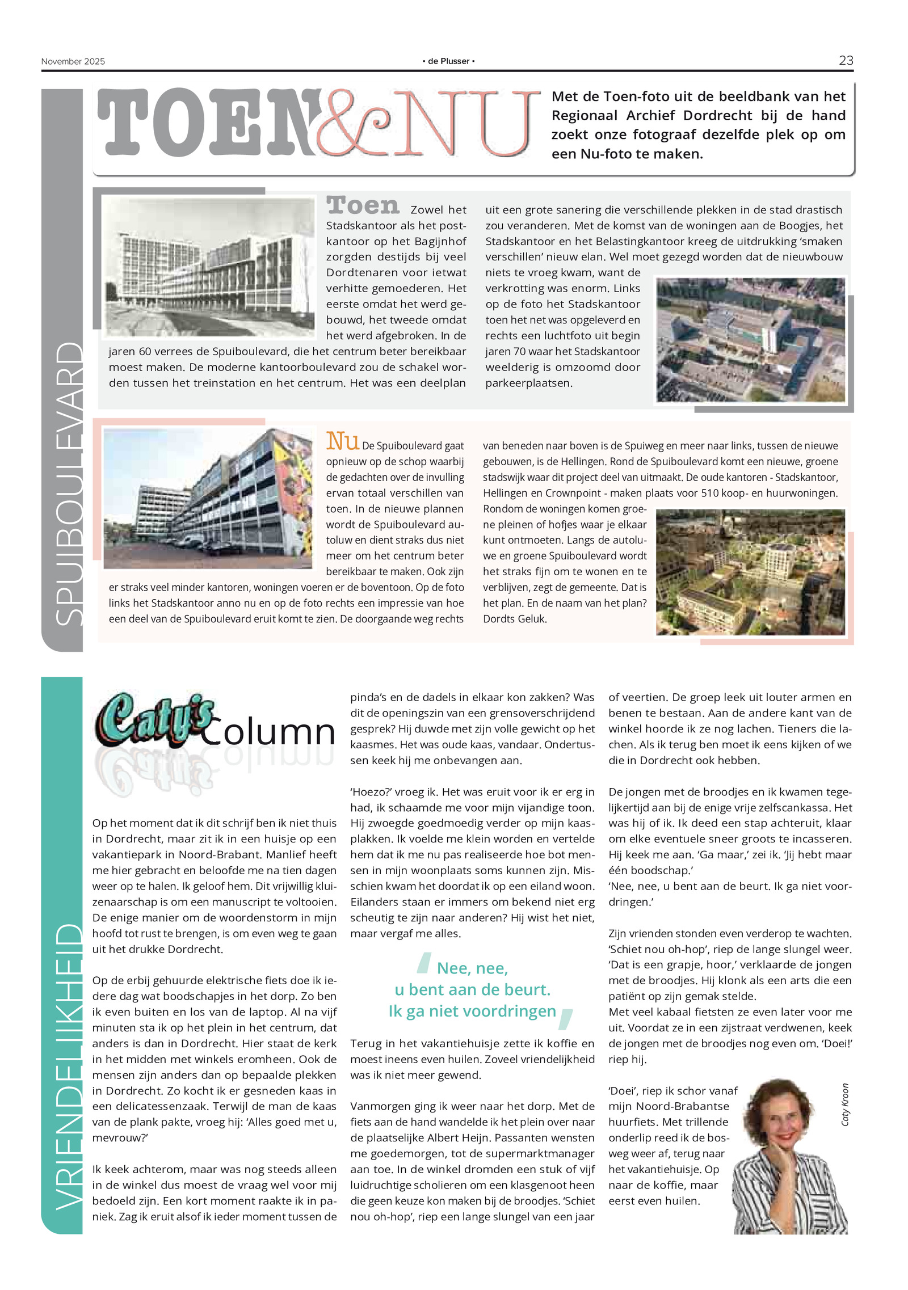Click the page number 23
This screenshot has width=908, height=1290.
[846, 61]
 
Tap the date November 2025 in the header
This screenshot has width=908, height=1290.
[73, 62]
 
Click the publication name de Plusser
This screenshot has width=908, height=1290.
[448, 61]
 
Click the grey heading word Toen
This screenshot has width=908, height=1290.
[363, 206]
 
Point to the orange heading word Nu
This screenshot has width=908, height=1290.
[342, 441]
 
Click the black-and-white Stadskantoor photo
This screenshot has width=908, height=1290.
[209, 267]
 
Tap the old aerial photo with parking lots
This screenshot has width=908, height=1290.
[750, 340]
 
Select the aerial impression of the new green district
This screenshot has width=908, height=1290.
[750, 572]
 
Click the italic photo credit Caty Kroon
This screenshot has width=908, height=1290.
[845, 1104]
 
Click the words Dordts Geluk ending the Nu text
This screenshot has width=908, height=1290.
[515, 619]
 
